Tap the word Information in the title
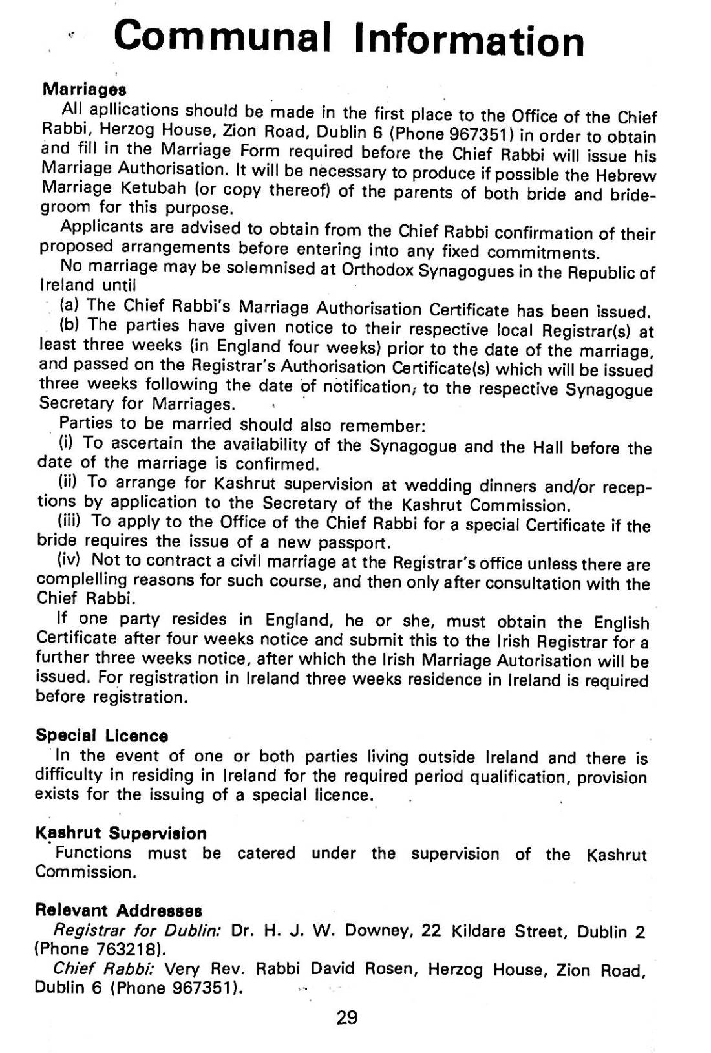click(469, 40)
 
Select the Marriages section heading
click(84, 88)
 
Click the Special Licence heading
click(102, 736)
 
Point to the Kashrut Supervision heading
click(121, 833)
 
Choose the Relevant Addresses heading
click(118, 911)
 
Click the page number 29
click(347, 1018)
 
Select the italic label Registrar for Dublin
click(138, 931)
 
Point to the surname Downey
click(377, 931)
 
